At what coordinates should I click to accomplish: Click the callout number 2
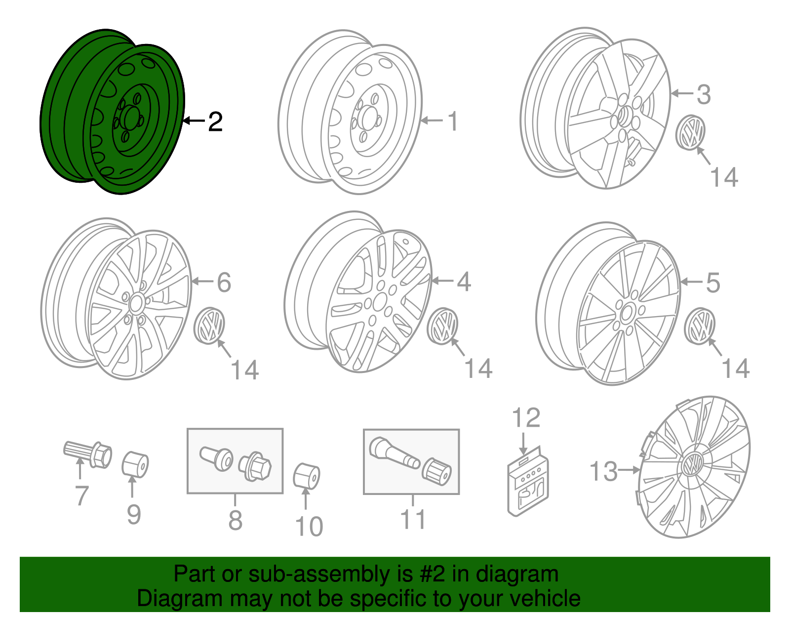[215, 122]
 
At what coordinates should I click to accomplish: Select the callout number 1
[453, 122]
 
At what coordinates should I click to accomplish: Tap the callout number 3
[704, 94]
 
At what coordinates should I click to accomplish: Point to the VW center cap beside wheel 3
[690, 132]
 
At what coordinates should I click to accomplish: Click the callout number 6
[224, 282]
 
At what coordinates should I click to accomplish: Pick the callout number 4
[463, 282]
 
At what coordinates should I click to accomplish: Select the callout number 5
[712, 283]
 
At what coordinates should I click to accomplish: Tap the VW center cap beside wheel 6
[209, 326]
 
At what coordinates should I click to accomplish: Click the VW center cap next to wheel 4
[443, 326]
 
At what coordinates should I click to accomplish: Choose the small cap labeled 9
[135, 464]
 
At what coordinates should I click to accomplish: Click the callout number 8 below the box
[236, 520]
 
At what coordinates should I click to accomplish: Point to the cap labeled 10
[307, 476]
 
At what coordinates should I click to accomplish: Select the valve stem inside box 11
[394, 452]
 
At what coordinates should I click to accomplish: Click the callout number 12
[526, 418]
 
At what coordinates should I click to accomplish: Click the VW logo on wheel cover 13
[692, 465]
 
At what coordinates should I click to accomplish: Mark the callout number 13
[603, 471]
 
